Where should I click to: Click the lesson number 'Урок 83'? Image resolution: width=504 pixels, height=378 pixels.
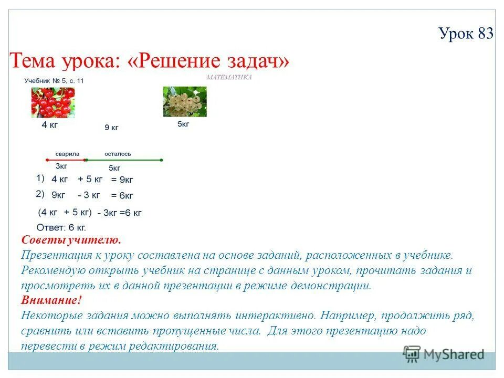[466, 34]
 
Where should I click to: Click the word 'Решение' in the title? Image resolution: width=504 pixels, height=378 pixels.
[181, 62]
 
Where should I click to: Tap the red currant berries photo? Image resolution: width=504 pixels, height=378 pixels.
[52, 102]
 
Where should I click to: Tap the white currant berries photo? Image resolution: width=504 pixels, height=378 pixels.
[185, 101]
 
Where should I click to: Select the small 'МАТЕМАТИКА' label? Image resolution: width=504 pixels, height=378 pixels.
[229, 77]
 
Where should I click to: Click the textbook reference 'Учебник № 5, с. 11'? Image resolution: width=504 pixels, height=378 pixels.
[54, 80]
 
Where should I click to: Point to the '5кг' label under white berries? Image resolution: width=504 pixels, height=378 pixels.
[183, 124]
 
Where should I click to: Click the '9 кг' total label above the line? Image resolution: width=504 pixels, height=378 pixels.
[111, 127]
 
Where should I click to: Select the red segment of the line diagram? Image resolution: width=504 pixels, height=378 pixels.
[64, 160]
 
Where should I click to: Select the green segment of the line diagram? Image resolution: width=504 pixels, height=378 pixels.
[123, 160]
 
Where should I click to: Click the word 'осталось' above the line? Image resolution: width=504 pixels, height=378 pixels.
[118, 154]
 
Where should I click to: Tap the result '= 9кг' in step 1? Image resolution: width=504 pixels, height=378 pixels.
[122, 180]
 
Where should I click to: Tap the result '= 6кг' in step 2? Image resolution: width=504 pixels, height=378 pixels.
[122, 195]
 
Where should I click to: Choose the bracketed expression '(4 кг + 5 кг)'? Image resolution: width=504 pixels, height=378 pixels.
[65, 213]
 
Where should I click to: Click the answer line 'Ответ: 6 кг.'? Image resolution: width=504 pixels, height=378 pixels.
[61, 228]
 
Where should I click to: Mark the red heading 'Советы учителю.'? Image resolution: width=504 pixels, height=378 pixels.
[71, 240]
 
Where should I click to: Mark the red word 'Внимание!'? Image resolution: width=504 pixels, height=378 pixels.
[51, 301]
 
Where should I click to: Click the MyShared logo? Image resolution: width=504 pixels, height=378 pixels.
[444, 354]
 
